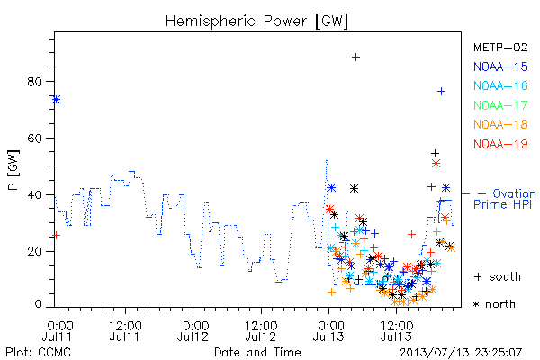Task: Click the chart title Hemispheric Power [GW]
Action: pos(256,21)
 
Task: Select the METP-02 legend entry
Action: pos(500,47)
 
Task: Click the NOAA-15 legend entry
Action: pos(500,67)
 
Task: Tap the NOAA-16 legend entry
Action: pos(500,85)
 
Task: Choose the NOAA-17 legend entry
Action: pos(500,105)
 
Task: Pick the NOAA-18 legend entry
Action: pos(500,124)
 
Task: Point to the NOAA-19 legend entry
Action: pos(500,144)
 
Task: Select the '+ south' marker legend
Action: pos(498,276)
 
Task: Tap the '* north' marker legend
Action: pos(494,304)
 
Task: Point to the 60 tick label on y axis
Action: pos(34,138)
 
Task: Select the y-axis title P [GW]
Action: pos(13,170)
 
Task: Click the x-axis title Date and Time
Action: pos(257,352)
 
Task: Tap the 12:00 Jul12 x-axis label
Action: pos(261,331)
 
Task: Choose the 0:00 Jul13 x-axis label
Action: pos(328,331)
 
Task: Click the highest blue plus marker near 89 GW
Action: pos(355,58)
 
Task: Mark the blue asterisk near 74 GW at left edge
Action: pos(57,100)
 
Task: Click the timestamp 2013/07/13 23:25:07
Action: pos(461,353)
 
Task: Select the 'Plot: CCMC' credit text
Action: pos(38,353)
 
